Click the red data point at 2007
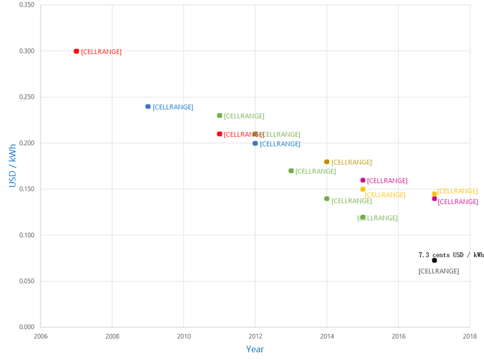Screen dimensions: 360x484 (76, 51)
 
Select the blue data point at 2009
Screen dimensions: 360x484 (148, 106)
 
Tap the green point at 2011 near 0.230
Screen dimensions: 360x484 (220, 116)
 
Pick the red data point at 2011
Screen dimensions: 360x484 (220, 134)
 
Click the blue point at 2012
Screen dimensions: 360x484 (255, 143)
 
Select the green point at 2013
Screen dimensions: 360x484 (291, 171)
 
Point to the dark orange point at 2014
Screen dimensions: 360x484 (327, 162)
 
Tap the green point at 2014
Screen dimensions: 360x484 (327, 198)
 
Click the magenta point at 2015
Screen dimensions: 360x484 (363, 180)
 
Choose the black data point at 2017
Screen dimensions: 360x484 (434, 260)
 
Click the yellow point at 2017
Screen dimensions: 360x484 (434, 194)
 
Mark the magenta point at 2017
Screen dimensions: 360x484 (434, 198)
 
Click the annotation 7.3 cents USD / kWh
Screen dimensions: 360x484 (451, 255)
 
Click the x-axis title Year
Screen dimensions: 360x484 (255, 349)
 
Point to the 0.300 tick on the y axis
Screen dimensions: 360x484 (27, 51)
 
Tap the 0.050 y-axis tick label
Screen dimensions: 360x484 (27, 281)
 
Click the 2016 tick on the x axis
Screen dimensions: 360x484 (399, 336)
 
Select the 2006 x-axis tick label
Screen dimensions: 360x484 (41, 336)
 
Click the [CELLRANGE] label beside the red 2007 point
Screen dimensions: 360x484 (101, 52)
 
